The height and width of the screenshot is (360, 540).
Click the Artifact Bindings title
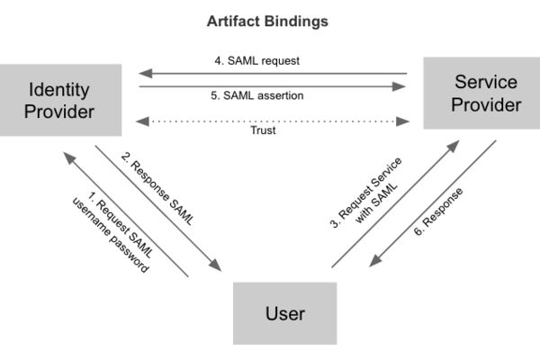(267, 22)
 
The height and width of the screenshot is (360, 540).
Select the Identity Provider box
(60, 100)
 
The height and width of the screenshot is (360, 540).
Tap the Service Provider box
(481, 93)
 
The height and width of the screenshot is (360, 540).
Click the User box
(284, 313)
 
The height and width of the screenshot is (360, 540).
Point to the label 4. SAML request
(256, 60)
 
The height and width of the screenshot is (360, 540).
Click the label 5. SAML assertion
(256, 95)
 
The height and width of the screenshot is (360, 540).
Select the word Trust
(263, 130)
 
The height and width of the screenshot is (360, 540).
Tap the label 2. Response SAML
(157, 189)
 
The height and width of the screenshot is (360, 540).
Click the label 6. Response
(438, 211)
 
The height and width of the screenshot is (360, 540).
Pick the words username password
(111, 235)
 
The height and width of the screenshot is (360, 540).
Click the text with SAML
(376, 203)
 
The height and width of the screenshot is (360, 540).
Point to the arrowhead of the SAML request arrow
(145, 74)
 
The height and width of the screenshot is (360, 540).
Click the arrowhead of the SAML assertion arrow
(399, 86)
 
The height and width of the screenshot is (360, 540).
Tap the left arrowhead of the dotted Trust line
(142, 121)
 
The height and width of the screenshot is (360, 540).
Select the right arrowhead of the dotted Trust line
(403, 121)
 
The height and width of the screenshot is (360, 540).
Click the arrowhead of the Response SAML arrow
(216, 265)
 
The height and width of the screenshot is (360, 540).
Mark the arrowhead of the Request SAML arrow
(69, 158)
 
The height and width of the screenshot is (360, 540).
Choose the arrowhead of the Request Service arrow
(454, 146)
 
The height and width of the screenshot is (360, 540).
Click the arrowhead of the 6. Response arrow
(374, 261)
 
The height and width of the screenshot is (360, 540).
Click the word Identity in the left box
(58, 90)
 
